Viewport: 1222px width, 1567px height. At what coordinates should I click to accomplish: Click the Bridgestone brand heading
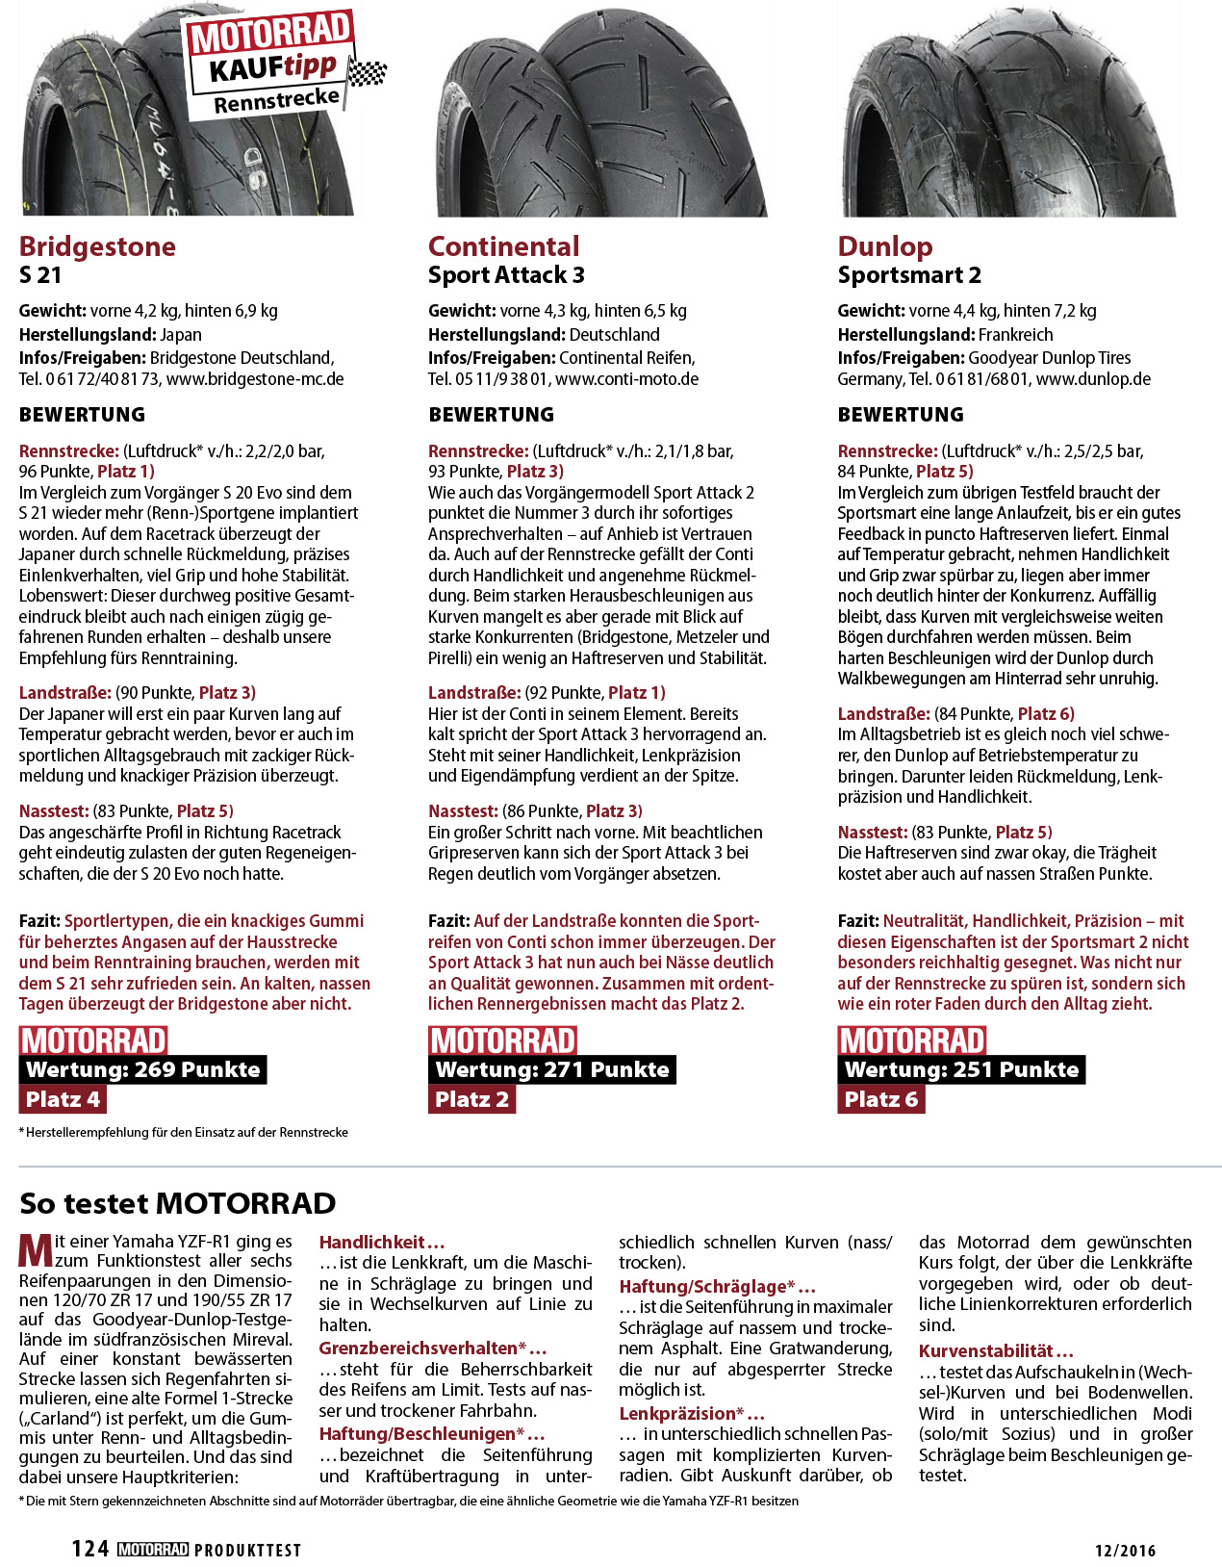point(97,246)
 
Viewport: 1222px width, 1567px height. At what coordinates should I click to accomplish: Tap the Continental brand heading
point(504,246)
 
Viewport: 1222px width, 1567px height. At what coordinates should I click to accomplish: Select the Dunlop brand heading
point(885,246)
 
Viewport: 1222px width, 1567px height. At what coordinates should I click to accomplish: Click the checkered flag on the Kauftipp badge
point(366,72)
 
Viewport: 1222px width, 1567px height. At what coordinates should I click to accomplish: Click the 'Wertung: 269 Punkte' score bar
point(142,1069)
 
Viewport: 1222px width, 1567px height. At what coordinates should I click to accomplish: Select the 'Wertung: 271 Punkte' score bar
point(551,1069)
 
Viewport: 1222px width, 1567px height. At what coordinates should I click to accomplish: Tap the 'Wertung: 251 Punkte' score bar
point(961,1069)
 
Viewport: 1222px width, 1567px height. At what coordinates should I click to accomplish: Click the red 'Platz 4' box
point(63,1099)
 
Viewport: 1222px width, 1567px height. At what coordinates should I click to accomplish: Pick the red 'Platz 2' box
point(471,1099)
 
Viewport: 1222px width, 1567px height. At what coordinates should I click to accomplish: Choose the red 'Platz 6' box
point(880,1099)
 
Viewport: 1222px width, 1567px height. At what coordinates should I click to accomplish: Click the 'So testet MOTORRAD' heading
point(178,1203)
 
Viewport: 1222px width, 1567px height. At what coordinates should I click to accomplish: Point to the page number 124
point(90,1549)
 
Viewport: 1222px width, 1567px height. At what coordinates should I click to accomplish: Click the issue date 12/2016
point(1125,1551)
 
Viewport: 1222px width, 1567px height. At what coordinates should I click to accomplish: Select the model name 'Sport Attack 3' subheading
point(506,275)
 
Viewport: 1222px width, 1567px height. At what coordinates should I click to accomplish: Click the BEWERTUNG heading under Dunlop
point(901,415)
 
